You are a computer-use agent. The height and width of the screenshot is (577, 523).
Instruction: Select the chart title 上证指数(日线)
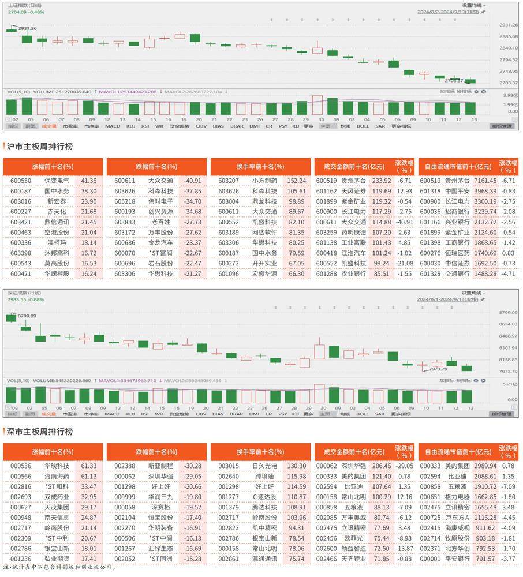pyautogui.click(x=28, y=5)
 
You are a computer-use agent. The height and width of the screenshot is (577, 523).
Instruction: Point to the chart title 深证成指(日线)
pyautogui.click(x=28, y=291)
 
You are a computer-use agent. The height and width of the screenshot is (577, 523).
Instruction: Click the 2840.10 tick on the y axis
pyautogui.click(x=507, y=48)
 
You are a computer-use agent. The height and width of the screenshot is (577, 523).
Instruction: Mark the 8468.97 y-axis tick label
pyautogui.click(x=507, y=336)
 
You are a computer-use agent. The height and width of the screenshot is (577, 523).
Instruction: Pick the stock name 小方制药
pyautogui.click(x=264, y=181)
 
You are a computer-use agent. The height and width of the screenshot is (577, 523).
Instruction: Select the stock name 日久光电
pyautogui.click(x=264, y=466)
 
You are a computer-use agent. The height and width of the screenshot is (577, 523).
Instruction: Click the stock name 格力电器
pyautogui.click(x=461, y=496)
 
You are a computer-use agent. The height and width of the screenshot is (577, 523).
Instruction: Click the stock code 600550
pyautogui.click(x=20, y=181)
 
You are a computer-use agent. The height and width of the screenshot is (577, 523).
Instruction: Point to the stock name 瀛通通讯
pyautogui.click(x=264, y=559)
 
